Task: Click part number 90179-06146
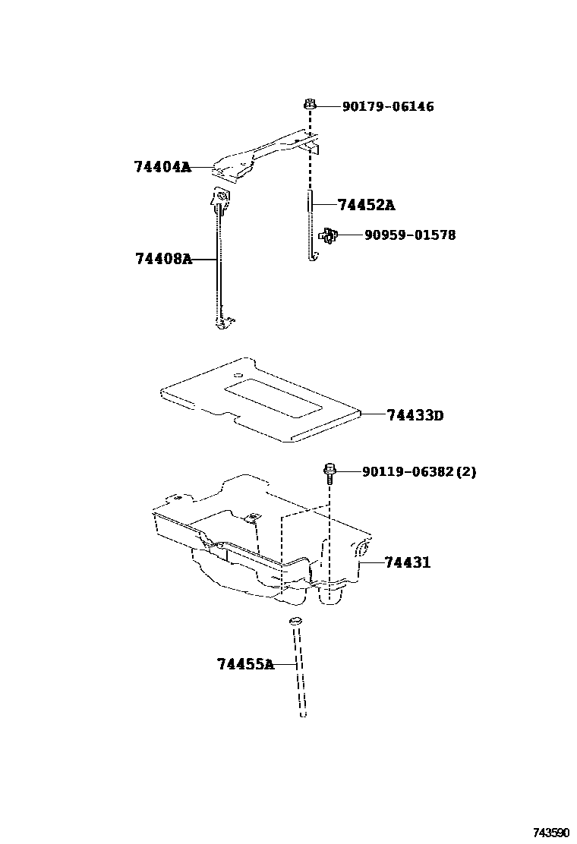pos(387,107)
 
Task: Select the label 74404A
pos(162,168)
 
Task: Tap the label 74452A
pos(366,205)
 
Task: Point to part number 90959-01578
pos(410,235)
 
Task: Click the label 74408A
pos(163,259)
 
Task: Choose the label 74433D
pos(415,415)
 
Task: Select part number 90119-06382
pos(409,472)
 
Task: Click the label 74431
pos(407,563)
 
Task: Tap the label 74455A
pos(244,665)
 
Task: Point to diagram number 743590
pos(550,833)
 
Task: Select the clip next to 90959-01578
pos(328,236)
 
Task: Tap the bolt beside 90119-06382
pos(329,474)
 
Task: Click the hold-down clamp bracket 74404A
pos(258,156)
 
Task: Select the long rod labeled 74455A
pos(298,668)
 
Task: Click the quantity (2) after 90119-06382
pos(467,472)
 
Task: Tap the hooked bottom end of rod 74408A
pos(222,323)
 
